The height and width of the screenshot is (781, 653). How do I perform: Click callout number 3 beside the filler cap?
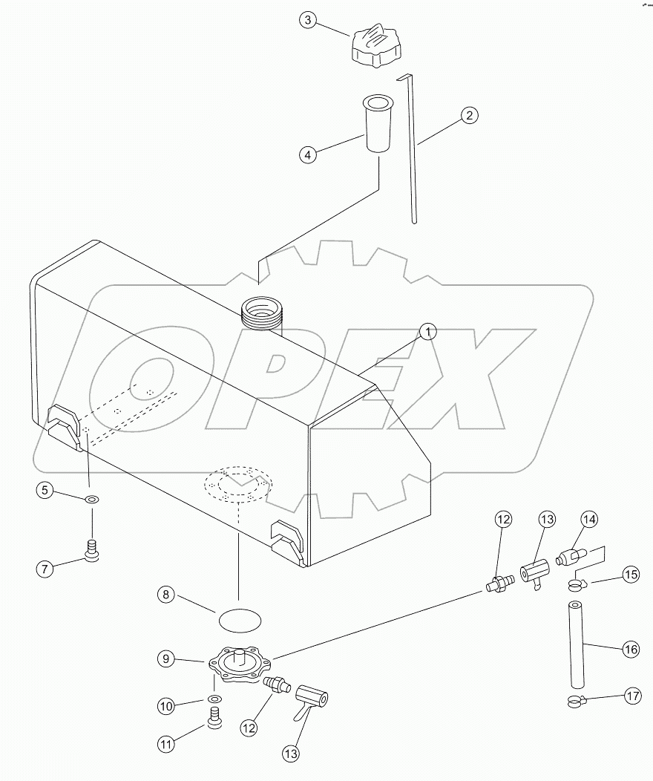309,20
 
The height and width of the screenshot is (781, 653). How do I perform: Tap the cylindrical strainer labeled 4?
378,125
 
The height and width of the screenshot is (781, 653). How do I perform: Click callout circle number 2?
468,115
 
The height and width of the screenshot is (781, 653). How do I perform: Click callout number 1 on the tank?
427,332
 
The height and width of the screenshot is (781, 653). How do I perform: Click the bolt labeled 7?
93,551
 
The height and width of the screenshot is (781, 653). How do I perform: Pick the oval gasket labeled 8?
240,615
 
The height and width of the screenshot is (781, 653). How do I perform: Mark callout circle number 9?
166,657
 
